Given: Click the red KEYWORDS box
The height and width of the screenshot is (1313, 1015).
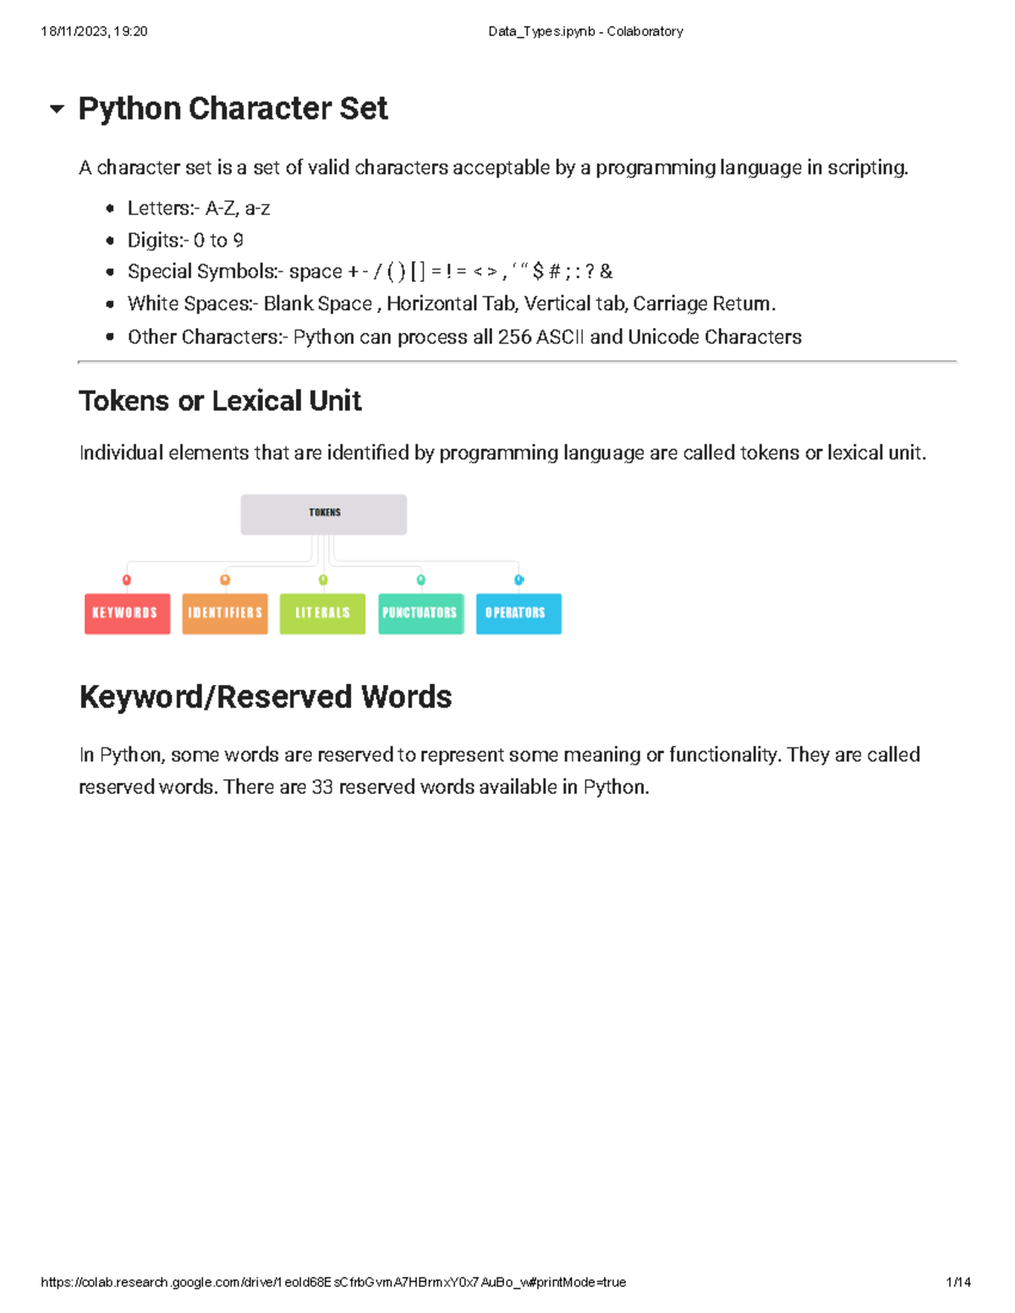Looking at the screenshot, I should click(x=127, y=613).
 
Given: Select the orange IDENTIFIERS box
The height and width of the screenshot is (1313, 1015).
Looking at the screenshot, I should click(x=225, y=613).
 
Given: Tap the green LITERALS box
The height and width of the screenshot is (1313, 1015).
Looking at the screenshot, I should click(x=322, y=613).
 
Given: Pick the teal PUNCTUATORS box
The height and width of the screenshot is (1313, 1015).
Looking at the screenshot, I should click(x=420, y=613).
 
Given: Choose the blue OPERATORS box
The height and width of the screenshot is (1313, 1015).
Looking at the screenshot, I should click(x=518, y=613).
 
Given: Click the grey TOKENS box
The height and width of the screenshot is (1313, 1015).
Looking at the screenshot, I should click(x=324, y=514).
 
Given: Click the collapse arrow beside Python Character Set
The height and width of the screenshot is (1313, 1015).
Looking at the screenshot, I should click(x=57, y=109).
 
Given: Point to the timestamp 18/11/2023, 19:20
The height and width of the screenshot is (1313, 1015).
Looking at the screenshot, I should click(x=94, y=31).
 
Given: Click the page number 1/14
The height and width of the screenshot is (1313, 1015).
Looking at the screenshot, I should click(x=958, y=1282).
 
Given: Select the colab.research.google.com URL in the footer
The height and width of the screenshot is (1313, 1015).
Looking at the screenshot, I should click(x=333, y=1282).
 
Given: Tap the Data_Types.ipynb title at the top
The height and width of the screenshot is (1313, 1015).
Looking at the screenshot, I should click(x=585, y=31).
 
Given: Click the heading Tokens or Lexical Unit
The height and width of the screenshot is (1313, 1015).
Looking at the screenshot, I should click(x=220, y=401).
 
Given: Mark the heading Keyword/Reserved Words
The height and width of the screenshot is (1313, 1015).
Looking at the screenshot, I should click(x=266, y=697).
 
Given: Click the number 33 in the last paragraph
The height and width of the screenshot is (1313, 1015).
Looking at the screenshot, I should click(x=322, y=787).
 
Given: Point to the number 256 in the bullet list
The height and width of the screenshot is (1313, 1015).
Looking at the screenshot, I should click(x=514, y=337).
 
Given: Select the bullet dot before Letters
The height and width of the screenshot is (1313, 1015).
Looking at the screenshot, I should click(x=110, y=209).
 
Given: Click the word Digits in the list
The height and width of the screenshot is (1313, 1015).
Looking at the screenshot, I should click(x=153, y=241).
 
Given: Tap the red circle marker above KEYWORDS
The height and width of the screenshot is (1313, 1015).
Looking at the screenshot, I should click(x=127, y=580).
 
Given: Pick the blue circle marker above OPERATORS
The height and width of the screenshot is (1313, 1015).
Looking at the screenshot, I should click(x=518, y=580).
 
